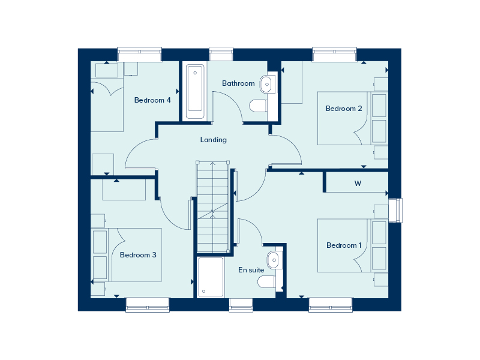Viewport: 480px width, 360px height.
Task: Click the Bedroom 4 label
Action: point(152,100)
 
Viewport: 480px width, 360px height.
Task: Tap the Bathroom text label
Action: point(238,83)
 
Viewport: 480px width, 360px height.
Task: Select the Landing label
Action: point(214,140)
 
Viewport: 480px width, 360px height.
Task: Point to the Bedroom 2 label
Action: point(344,109)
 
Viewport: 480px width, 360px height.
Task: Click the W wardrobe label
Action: point(358,184)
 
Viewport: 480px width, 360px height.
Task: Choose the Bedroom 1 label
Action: point(344,245)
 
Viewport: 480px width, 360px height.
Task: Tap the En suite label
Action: point(251,269)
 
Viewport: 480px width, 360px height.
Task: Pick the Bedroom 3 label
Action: point(138,254)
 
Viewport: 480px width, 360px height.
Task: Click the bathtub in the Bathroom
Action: point(195,91)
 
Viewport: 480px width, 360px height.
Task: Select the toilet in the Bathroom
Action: point(258,106)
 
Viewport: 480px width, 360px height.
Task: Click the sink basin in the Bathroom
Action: point(266,83)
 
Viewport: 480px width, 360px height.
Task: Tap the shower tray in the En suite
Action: point(211,277)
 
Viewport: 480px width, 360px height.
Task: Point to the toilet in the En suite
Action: point(266,281)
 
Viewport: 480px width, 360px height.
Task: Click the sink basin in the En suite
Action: point(273,260)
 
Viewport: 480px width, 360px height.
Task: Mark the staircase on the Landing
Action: point(213,206)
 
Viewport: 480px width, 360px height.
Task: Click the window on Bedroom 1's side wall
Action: point(395,210)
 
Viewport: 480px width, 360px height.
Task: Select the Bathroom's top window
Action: point(221,54)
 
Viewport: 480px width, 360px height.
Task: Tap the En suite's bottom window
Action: point(241,305)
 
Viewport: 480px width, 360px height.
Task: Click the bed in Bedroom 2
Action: point(353,118)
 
